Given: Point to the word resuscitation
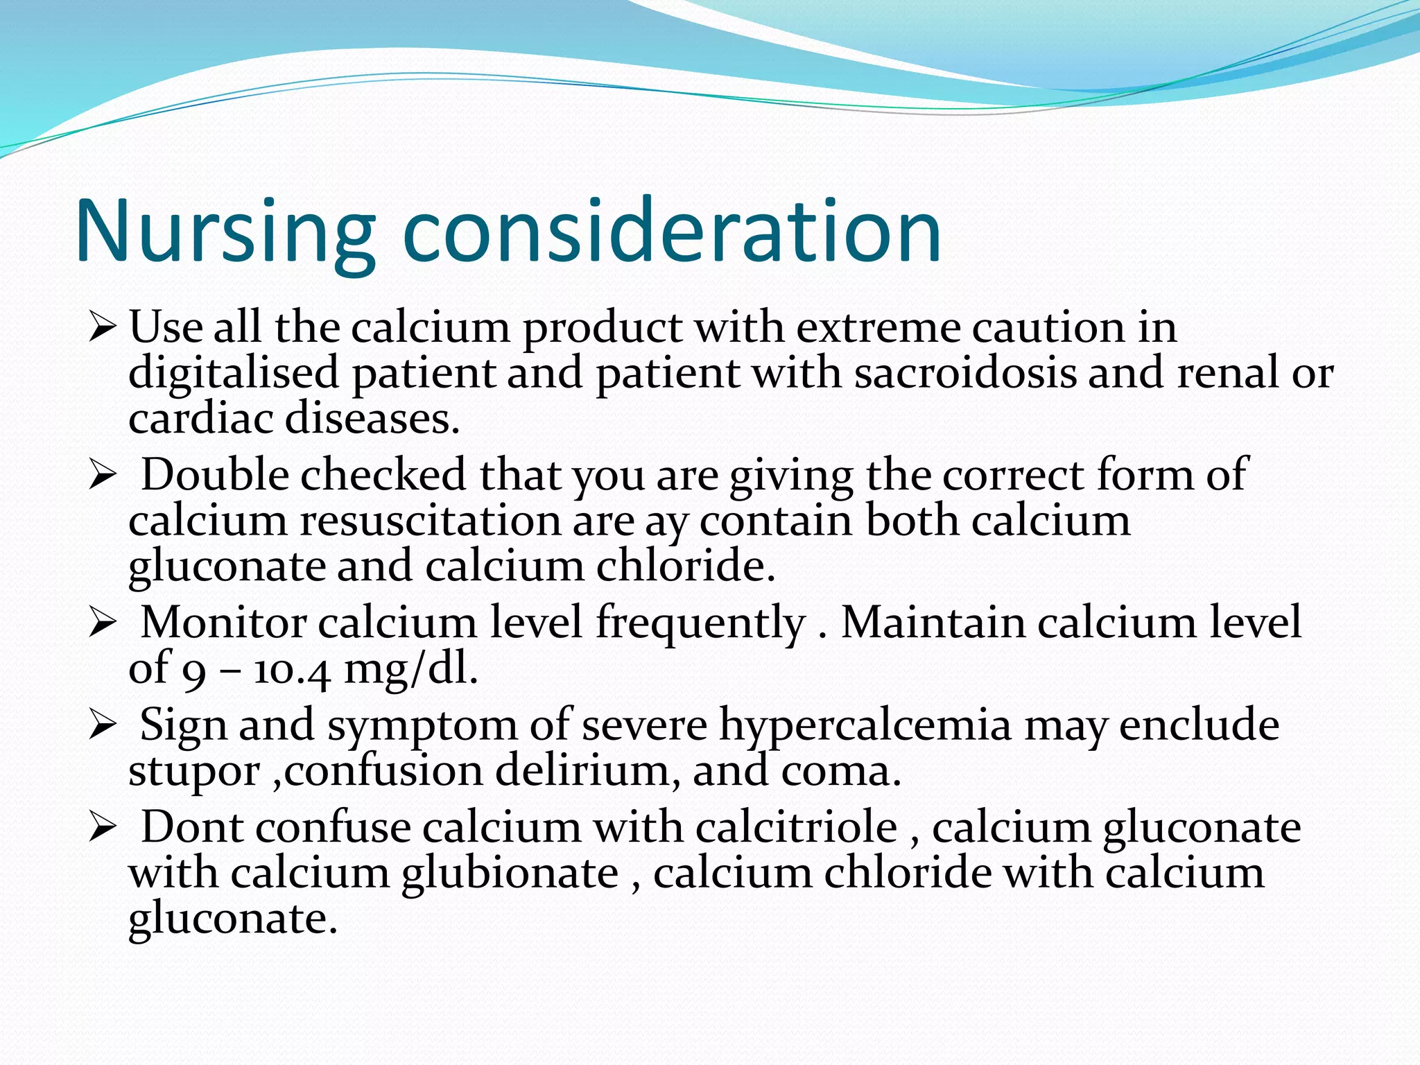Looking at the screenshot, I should click(430, 521).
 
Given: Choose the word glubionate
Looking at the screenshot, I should click(510, 874).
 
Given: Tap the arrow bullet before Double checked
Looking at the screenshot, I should click(102, 476).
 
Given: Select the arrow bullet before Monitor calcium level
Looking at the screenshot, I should click(102, 624).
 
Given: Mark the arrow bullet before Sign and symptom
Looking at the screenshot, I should click(102, 726).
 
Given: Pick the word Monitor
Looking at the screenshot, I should click(223, 623).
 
